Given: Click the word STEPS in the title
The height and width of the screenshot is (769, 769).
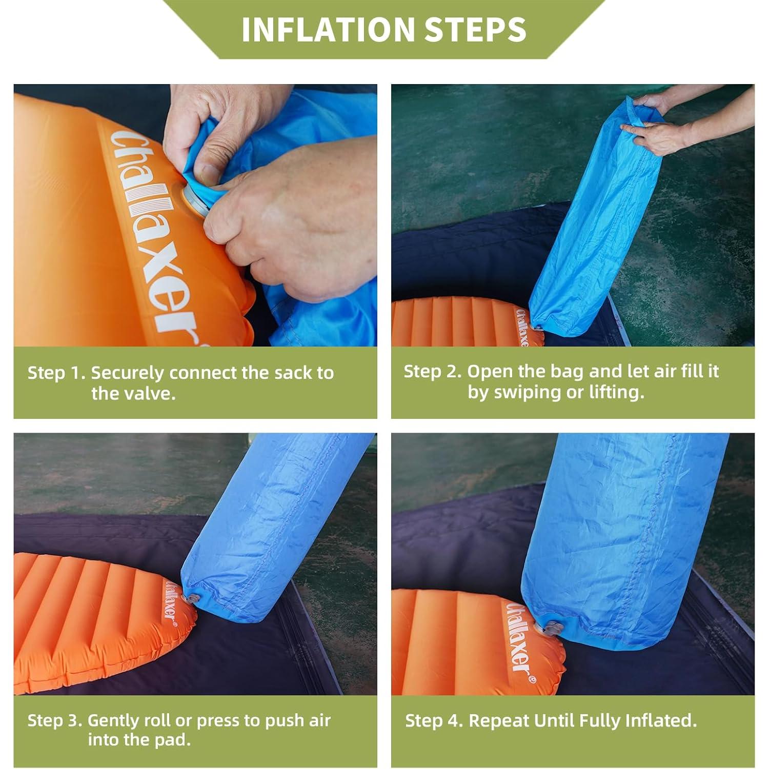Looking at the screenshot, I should point(475,29).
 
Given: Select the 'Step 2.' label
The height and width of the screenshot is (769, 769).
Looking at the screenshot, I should point(433,371).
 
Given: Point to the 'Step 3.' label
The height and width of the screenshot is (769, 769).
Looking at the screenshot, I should point(55,720).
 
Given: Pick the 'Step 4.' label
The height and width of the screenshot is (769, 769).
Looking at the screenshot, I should point(434,720).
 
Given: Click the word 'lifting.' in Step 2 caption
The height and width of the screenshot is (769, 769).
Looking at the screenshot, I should point(618,392).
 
